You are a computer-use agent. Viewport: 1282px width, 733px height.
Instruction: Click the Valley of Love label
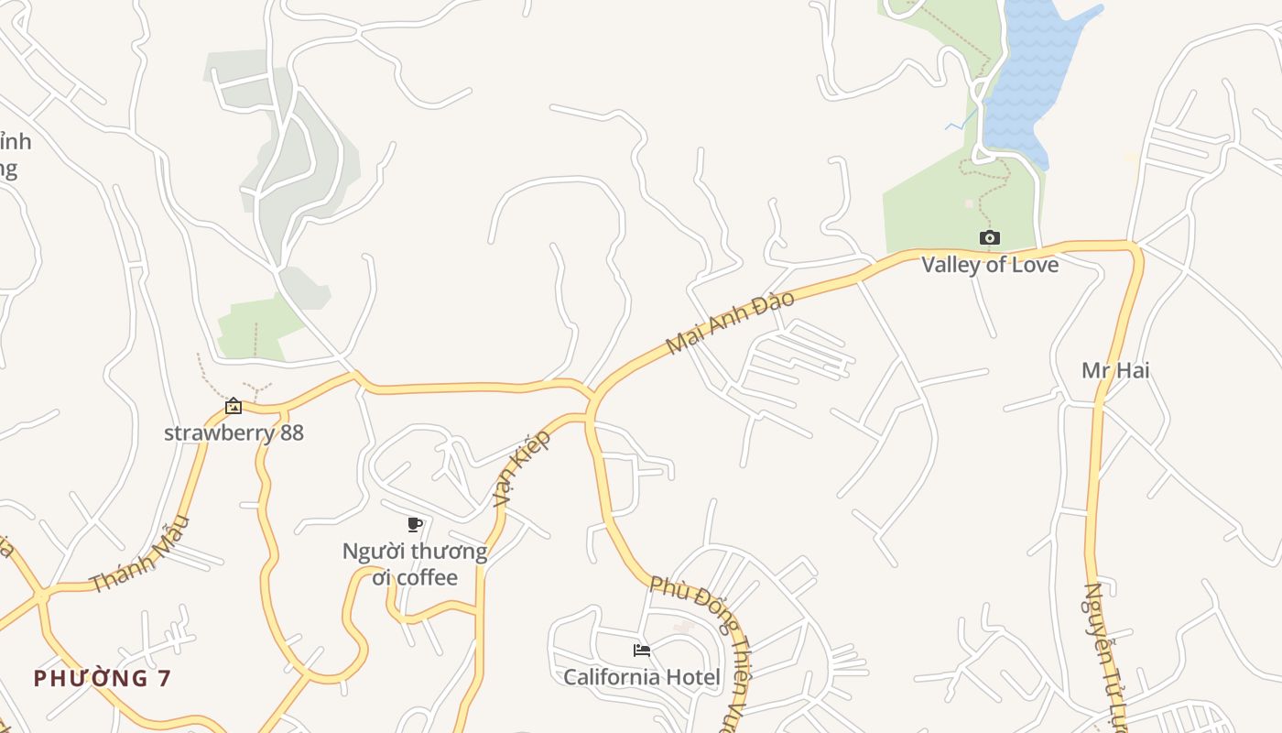point(989,265)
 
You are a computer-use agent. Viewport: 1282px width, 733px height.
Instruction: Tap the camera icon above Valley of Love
point(989,238)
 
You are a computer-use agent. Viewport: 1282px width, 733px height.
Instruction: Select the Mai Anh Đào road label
point(730,323)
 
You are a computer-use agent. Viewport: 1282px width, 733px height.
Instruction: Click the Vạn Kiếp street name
point(522,467)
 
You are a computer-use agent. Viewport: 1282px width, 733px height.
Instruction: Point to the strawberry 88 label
point(234,432)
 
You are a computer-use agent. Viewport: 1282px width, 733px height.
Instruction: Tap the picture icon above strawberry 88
point(234,406)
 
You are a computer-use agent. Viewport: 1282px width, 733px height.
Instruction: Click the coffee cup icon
point(414,524)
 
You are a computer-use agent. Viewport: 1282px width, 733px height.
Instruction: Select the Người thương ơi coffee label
point(414,564)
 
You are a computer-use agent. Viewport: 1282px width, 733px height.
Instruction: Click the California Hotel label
point(641,677)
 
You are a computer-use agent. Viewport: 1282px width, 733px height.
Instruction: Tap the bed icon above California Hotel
point(642,651)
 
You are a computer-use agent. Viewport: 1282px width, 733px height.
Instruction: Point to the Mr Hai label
point(1115,370)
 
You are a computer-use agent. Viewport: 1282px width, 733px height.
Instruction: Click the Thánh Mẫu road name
point(140,553)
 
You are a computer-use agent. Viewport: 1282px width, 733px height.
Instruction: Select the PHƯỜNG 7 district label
point(103,678)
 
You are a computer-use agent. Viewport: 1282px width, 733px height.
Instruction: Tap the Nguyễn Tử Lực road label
point(1104,655)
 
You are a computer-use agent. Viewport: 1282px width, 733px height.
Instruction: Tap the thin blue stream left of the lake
point(958,122)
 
